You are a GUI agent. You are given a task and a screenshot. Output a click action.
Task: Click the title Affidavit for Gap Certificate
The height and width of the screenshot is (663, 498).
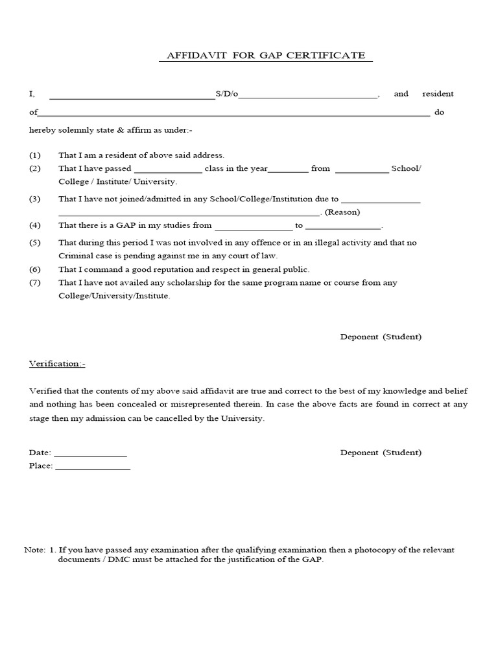tap(266, 56)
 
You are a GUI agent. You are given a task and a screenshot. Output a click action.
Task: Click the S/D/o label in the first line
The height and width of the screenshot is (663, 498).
tap(227, 95)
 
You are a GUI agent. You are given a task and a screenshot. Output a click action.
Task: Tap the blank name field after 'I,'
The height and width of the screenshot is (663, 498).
tap(132, 96)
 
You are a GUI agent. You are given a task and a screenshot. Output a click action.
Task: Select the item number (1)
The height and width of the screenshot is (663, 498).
tap(35, 155)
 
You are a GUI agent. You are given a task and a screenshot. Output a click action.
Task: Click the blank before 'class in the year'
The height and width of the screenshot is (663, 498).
tap(168, 170)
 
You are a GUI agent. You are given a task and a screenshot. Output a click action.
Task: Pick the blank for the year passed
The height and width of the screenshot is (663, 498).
tap(288, 170)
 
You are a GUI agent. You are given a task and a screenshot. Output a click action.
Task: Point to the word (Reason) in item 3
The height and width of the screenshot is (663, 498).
tap(342, 212)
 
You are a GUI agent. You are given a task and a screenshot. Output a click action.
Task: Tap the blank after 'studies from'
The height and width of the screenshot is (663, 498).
tap(254, 227)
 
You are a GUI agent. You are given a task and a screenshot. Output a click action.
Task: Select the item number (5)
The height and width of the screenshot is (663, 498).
tap(35, 243)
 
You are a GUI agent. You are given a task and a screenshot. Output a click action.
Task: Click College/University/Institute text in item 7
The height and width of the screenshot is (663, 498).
tap(114, 296)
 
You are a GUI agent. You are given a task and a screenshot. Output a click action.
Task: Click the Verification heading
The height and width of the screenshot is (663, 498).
tap(57, 364)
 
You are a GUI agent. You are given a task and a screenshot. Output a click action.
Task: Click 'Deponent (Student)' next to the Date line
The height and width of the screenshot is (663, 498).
tap(381, 453)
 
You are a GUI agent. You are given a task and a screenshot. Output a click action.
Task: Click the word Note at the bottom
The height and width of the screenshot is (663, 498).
tap(34, 550)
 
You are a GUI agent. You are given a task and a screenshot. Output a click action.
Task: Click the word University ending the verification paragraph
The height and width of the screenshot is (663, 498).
tap(243, 418)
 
